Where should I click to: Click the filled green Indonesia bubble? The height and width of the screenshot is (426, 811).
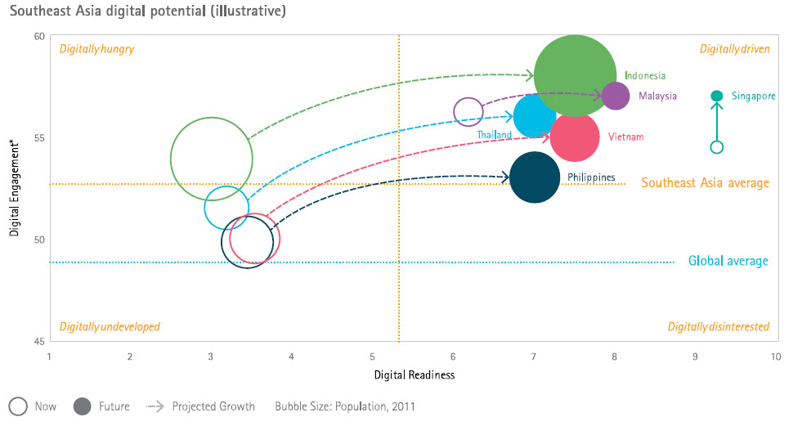pos(575,75)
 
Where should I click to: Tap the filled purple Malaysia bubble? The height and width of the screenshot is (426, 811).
pos(615,96)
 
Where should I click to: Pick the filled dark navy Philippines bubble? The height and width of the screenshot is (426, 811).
pos(535,177)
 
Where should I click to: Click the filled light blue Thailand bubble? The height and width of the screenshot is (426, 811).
pos(535,116)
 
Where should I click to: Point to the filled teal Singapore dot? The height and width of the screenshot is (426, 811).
pos(717,96)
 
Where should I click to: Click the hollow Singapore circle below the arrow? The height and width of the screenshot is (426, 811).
pos(717,147)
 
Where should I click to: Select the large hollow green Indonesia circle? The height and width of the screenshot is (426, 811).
pos(211,159)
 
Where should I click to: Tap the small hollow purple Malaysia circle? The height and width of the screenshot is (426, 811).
pos(468,110)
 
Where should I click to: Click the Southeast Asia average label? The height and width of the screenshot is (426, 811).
pos(705,183)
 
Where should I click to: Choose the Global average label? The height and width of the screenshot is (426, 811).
pos(728,262)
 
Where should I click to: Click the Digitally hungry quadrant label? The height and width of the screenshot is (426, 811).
pos(96,49)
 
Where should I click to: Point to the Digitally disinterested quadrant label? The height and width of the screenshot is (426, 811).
pos(718,327)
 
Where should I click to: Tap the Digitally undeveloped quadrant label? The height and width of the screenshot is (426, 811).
pos(110,327)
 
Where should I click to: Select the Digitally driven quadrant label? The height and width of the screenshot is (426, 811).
pos(734,49)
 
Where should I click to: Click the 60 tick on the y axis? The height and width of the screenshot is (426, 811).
pos(39,36)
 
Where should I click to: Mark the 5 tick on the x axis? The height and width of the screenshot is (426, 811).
pos(372,357)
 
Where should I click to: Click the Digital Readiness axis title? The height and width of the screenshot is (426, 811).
pos(414,375)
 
